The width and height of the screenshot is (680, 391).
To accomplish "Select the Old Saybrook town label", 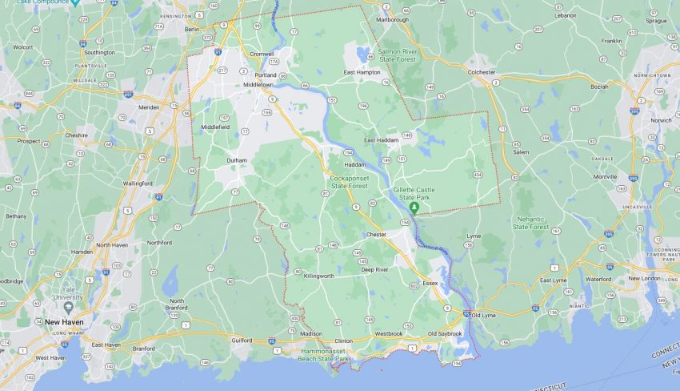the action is click(445, 333).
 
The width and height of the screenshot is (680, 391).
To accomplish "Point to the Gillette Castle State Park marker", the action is click(414, 208).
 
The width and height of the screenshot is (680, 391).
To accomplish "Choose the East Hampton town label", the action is click(362, 72).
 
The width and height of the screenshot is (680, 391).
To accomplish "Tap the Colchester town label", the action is click(481, 72).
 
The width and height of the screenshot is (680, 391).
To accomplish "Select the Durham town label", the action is click(237, 160).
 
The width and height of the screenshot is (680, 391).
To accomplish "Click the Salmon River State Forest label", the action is click(398, 54).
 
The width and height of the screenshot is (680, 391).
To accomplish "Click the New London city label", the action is click(645, 278).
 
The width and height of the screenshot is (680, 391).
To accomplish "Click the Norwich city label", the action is click(661, 120).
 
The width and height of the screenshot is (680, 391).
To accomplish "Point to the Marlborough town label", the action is click(392, 19).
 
